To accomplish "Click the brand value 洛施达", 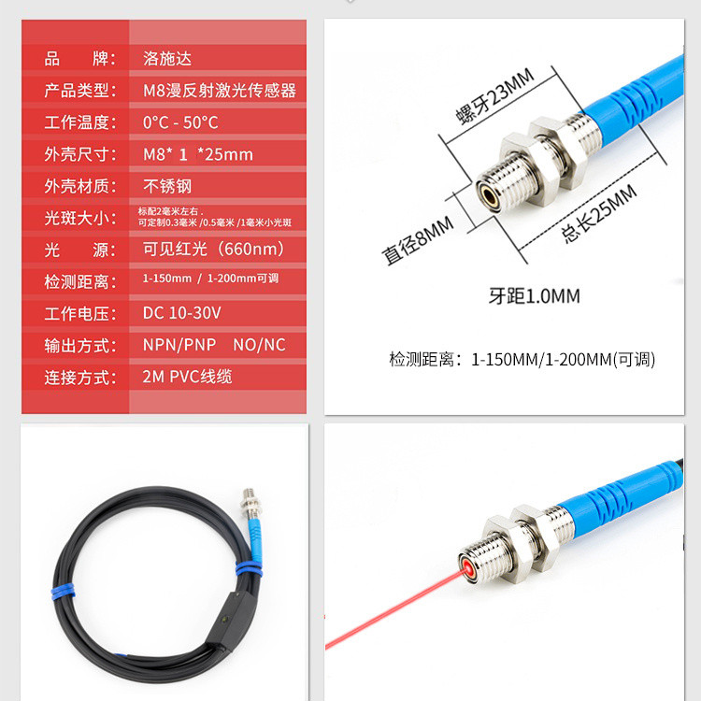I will (167, 59).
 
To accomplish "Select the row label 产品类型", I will (79, 91).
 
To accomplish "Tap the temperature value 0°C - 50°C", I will (180, 122).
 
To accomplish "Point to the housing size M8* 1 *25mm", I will (197, 154).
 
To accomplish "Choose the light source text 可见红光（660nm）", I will (214, 250).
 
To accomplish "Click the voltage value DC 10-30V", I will (181, 313).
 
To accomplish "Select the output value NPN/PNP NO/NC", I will (214, 345).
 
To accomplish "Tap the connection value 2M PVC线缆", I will (187, 378).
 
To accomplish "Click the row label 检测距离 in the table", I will (79, 281).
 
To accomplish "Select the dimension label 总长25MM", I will (598, 214).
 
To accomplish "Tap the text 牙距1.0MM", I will (535, 296).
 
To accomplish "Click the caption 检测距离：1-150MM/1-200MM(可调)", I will (522, 359).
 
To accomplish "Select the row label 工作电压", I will (79, 313).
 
